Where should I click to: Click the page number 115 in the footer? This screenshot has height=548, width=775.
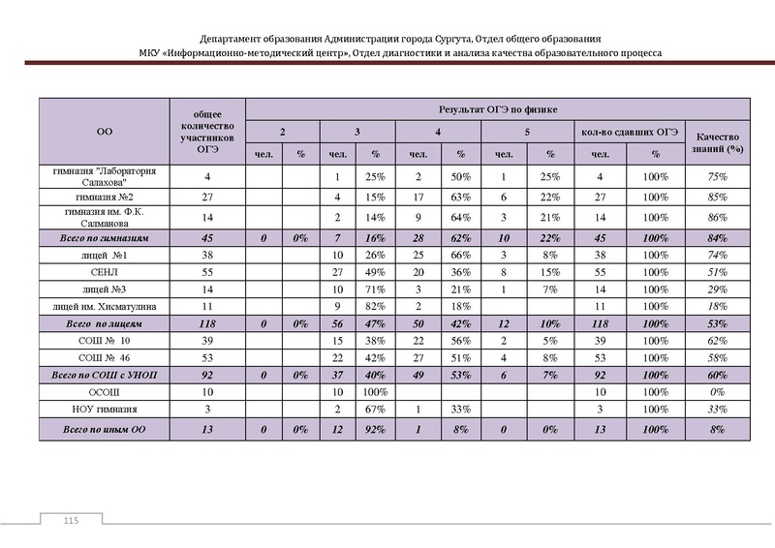click(x=69, y=523)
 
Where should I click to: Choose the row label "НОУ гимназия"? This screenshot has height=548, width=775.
click(x=104, y=410)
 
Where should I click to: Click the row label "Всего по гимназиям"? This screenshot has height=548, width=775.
click(x=104, y=237)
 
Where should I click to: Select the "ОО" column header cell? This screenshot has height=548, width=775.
click(x=104, y=130)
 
